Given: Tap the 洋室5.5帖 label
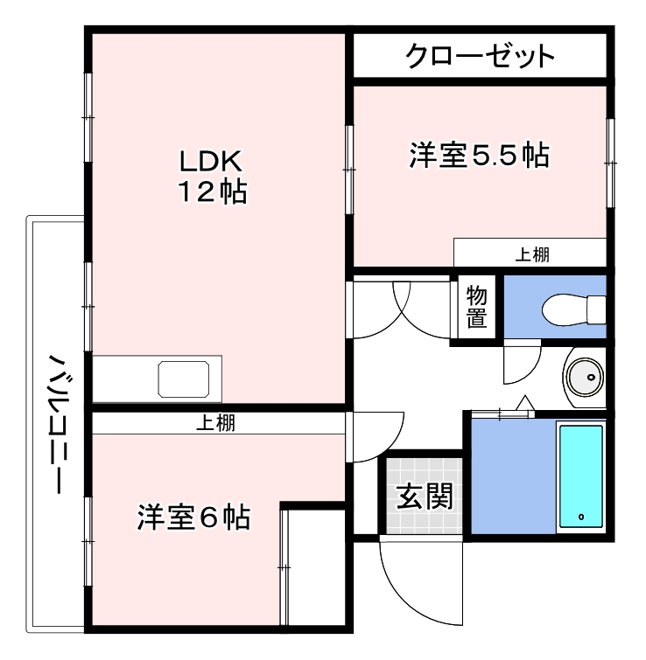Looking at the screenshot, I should (479, 156).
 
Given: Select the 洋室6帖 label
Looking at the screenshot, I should (193, 517).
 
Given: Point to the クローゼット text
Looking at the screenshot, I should (480, 57).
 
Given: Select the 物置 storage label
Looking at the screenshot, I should (476, 306).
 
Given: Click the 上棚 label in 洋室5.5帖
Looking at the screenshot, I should (530, 254).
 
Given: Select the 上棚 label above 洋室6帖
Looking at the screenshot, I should (214, 424).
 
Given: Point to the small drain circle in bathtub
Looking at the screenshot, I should (582, 518).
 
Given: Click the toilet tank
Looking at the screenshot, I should (597, 309).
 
